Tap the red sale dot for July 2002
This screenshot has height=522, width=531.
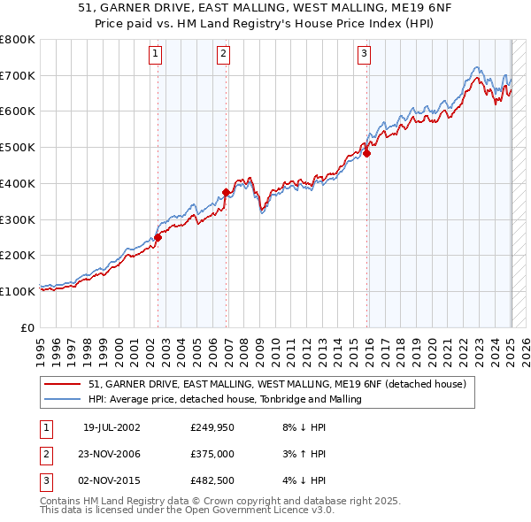pos(158,237)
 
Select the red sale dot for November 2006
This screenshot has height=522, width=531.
pos(227,192)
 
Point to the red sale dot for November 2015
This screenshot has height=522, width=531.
pos(366,153)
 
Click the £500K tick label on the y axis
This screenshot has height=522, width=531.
pos(18,148)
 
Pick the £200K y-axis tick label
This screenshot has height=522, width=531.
pos(18,256)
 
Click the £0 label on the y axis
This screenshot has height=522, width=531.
pos(27,327)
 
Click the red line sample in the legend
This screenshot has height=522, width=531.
pos(62,385)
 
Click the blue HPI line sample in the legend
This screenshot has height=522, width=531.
pos(62,400)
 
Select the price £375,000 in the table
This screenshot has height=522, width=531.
pos(212,455)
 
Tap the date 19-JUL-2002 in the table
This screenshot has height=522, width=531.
pos(112,426)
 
